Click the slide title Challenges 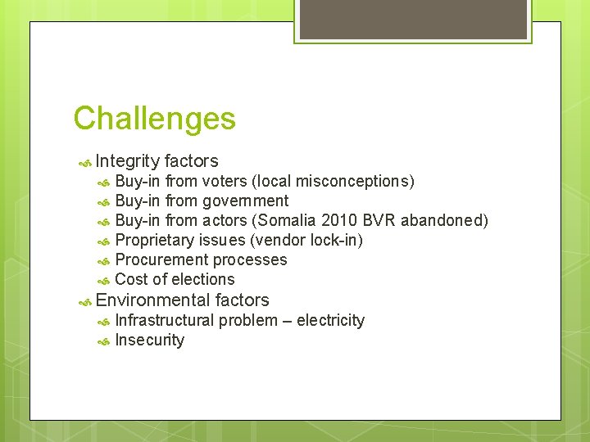point(154,119)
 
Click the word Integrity point(127,161)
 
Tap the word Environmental point(152,300)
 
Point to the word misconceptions point(354,181)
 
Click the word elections point(203,279)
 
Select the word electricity point(330,320)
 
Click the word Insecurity point(150,340)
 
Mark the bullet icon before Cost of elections point(103,281)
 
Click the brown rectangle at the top point(413,19)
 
